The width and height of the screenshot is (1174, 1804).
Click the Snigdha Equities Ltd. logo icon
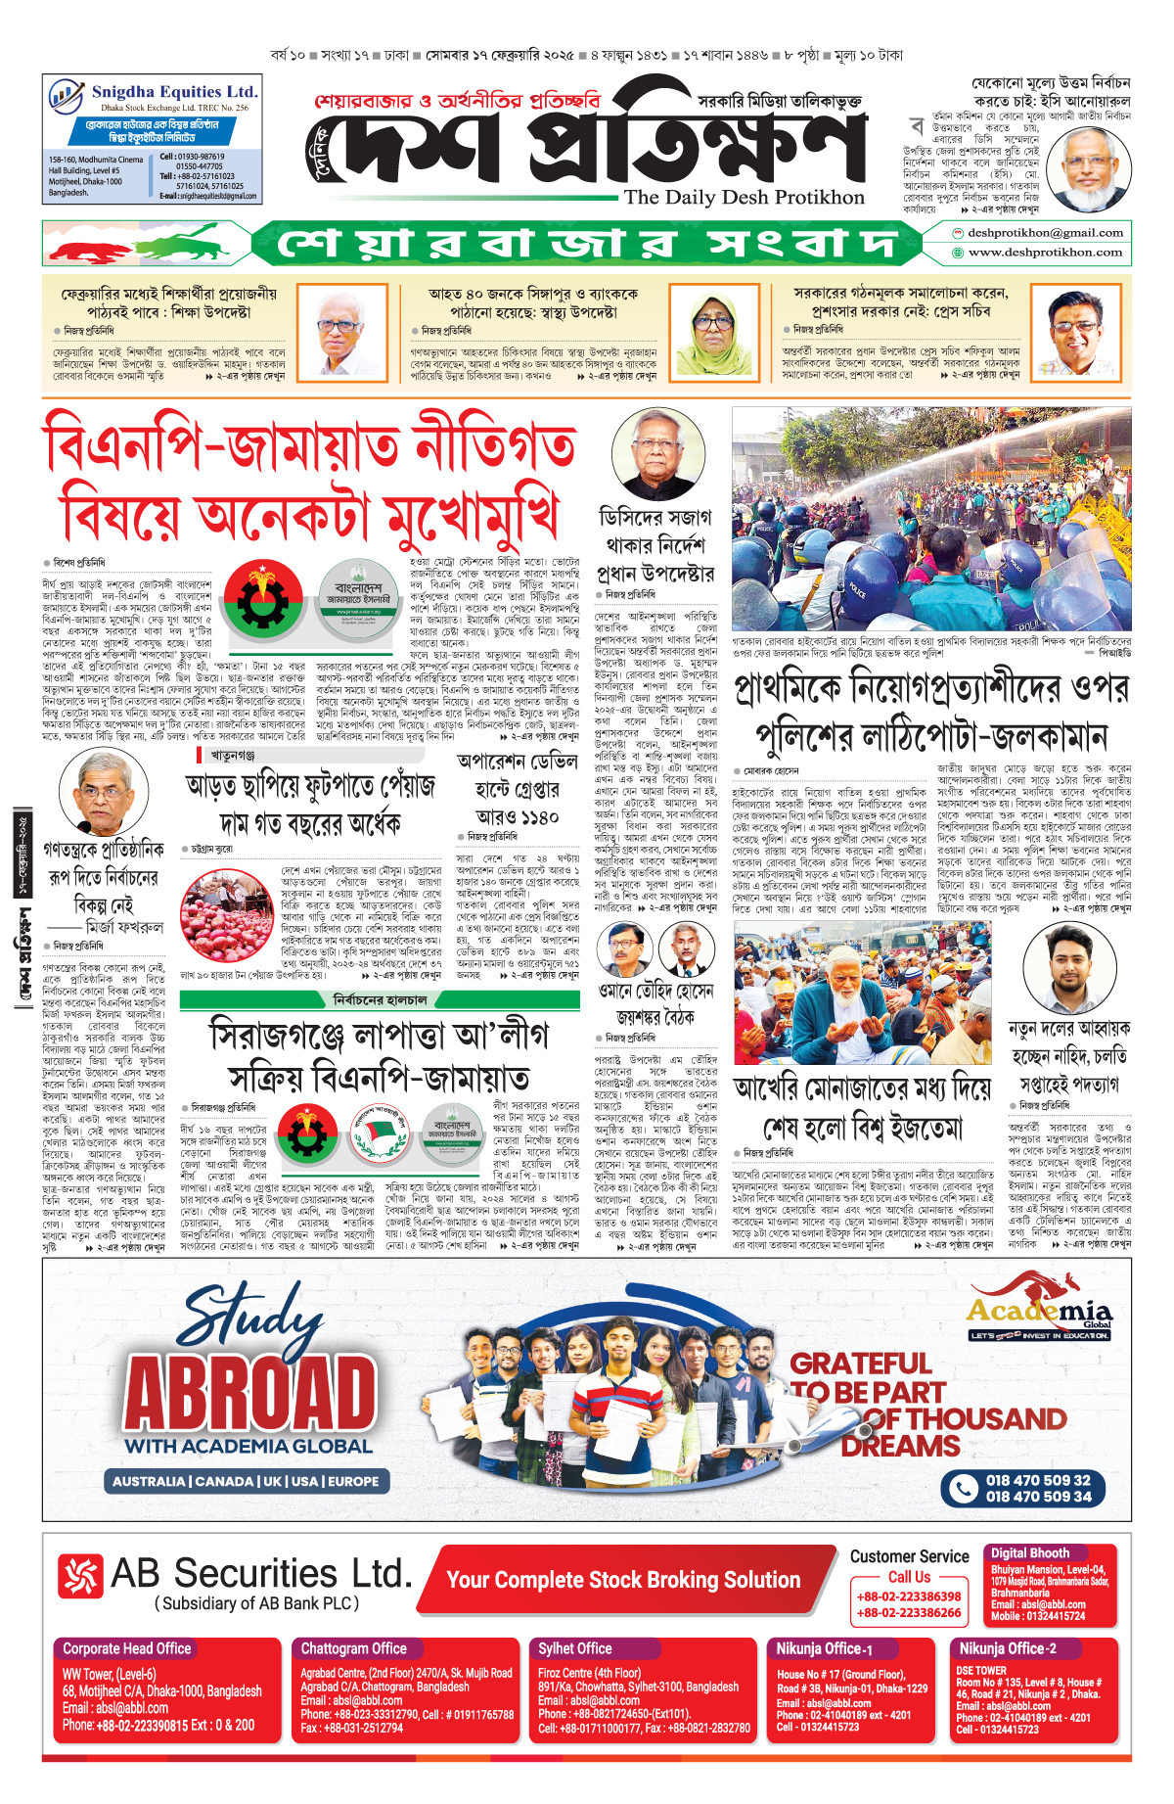pos(66,97)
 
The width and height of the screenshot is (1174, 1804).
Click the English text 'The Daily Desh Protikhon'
pos(744,198)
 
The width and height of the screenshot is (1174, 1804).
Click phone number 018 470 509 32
pos(1037,1481)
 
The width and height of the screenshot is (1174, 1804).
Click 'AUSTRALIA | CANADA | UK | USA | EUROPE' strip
pos(245,1481)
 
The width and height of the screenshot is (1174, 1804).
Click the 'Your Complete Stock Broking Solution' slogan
pos(623,1580)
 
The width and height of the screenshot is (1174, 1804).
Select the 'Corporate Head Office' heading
pos(127,1648)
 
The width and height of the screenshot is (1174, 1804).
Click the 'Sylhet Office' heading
pos(574,1648)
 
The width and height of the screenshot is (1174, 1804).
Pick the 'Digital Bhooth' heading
pos(1029,1553)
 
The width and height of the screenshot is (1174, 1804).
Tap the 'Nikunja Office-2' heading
pos(1007,1648)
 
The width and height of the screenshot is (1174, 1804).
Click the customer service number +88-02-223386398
pos(909,1596)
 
